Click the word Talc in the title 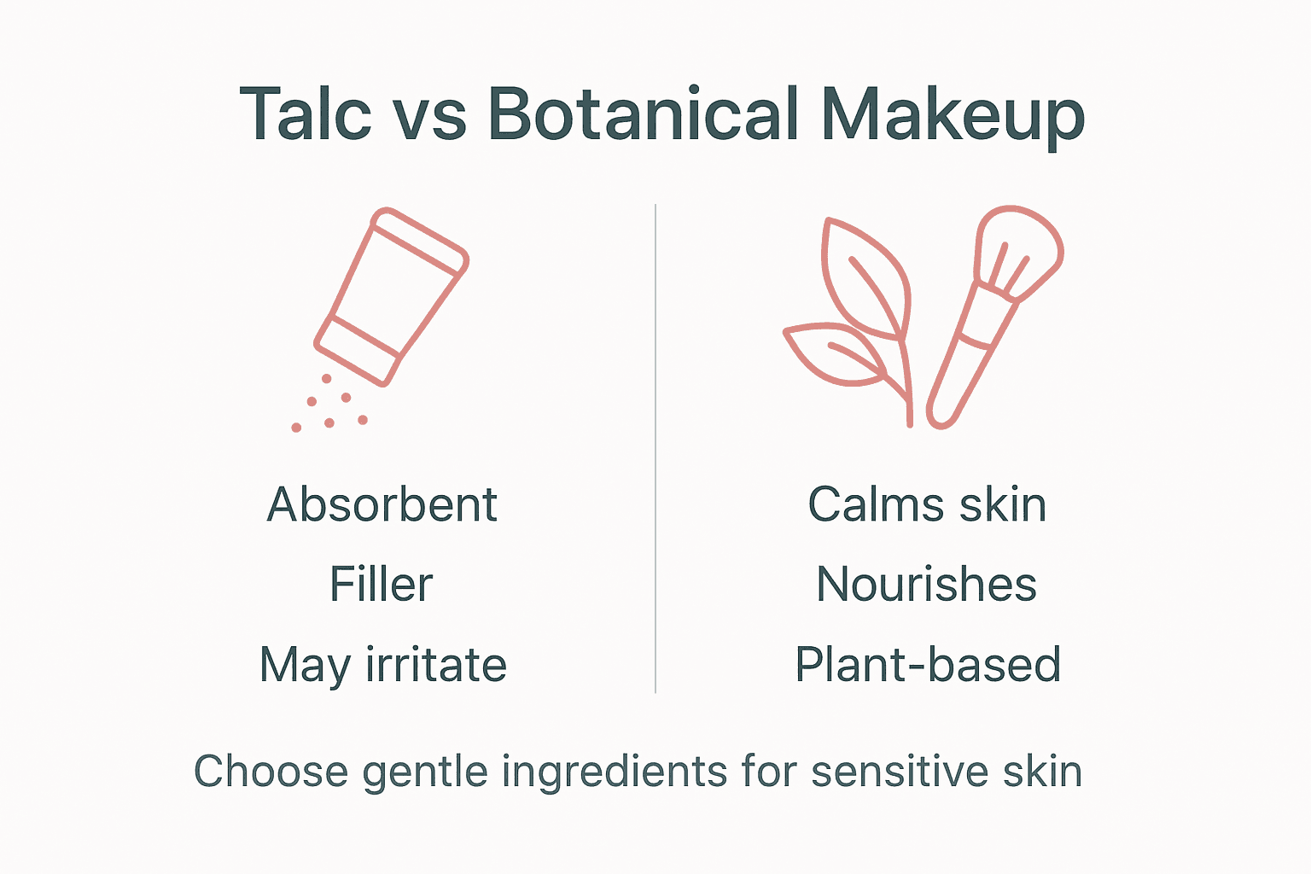pos(306,114)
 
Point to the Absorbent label pos(382,504)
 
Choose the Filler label pos(382,585)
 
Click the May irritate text pos(382,666)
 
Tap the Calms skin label pos(927,504)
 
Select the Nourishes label pos(926,585)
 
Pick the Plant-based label pos(928,665)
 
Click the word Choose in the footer pos(271,772)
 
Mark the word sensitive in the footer pos(899,772)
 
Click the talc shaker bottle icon pos(391,295)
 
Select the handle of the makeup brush pos(964,367)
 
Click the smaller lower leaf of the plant pos(832,354)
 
